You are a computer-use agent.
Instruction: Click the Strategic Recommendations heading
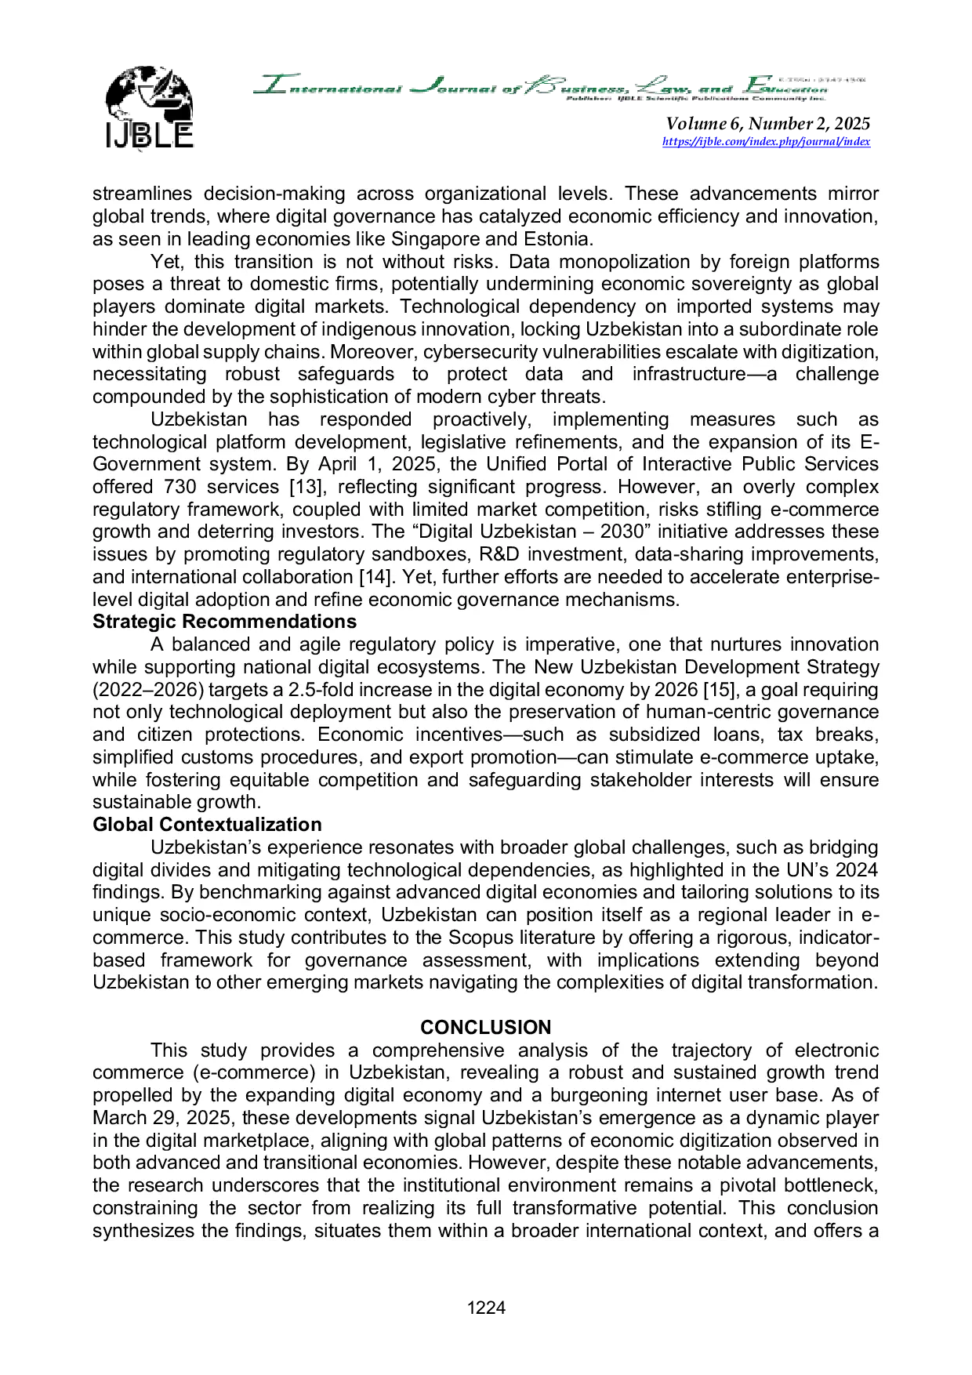(x=224, y=622)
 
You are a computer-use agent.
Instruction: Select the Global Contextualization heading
(x=207, y=825)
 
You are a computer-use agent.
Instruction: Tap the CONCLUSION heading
(x=485, y=1028)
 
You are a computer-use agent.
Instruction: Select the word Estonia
(x=559, y=239)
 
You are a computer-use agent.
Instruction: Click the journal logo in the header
(x=146, y=107)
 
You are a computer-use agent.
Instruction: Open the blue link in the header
(x=767, y=143)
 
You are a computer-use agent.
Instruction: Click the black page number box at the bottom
(x=486, y=1307)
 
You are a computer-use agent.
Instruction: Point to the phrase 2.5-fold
(x=320, y=690)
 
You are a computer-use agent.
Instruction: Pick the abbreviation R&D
(x=497, y=554)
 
